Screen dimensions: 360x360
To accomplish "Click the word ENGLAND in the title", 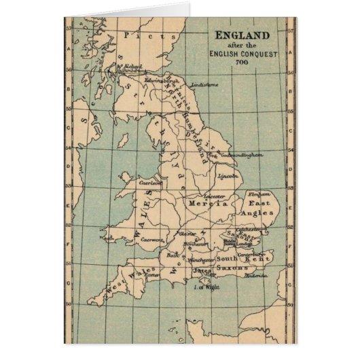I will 242,35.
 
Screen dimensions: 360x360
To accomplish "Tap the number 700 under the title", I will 242,62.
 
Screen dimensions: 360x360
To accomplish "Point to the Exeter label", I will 150,275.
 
